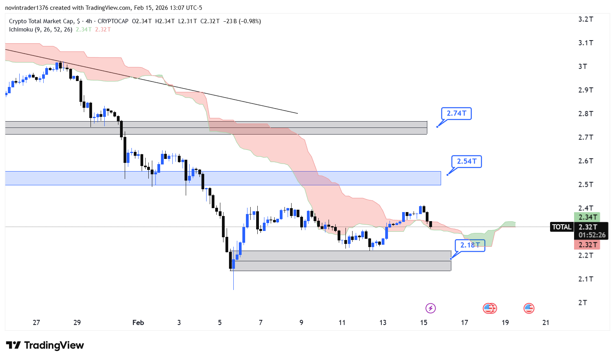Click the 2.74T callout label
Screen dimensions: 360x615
(x=456, y=114)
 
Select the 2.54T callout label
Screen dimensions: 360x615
(x=466, y=161)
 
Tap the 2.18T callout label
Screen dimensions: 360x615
(x=470, y=245)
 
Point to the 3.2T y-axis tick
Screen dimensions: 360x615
(x=585, y=19)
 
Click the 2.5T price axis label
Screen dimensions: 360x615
(x=585, y=185)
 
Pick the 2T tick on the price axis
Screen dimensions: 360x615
(x=582, y=303)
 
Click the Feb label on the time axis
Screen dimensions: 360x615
(x=138, y=323)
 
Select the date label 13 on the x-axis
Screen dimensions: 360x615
(x=383, y=323)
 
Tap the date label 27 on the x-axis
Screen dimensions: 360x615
(x=36, y=323)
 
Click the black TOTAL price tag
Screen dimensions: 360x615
(x=561, y=227)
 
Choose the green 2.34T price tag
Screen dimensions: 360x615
(x=587, y=217)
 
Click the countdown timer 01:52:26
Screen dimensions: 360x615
(x=592, y=235)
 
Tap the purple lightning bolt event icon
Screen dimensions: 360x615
(x=430, y=308)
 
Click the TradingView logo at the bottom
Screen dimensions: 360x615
(x=45, y=345)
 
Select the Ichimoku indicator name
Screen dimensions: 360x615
(x=21, y=30)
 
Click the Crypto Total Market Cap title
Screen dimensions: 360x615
(x=41, y=21)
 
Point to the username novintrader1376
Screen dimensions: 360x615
(x=26, y=8)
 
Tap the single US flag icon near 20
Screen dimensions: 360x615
(x=528, y=308)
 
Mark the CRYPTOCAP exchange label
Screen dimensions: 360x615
(x=113, y=21)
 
